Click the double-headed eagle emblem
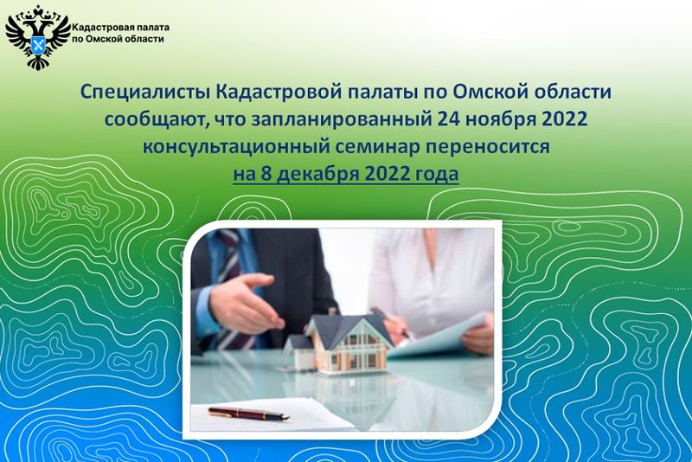click(38, 37)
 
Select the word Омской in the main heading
click(487, 92)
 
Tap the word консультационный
click(236, 147)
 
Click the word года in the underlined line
click(436, 174)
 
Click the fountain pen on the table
click(248, 413)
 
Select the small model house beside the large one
click(299, 352)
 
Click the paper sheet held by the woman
click(437, 338)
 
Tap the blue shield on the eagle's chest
click(38, 44)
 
